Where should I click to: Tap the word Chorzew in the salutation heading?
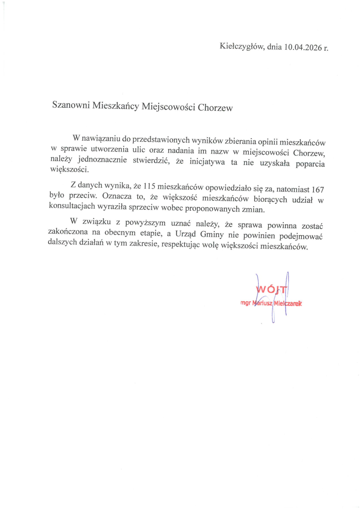click(x=215, y=107)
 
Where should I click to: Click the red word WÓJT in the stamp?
click(x=269, y=289)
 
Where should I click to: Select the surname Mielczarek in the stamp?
click(x=288, y=303)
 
